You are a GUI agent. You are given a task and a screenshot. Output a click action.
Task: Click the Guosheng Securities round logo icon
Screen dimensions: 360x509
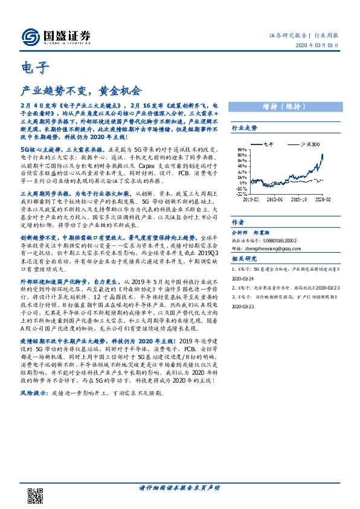point(28,37)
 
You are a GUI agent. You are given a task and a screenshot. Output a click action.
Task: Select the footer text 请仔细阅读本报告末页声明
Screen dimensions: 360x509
point(179,488)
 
